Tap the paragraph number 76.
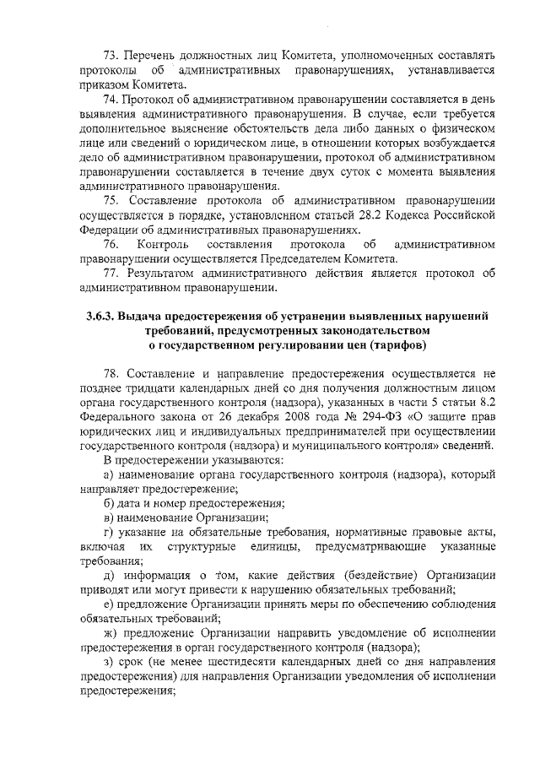111,245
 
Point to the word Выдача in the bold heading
143,316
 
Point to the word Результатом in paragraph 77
161,274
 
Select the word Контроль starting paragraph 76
160,245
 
